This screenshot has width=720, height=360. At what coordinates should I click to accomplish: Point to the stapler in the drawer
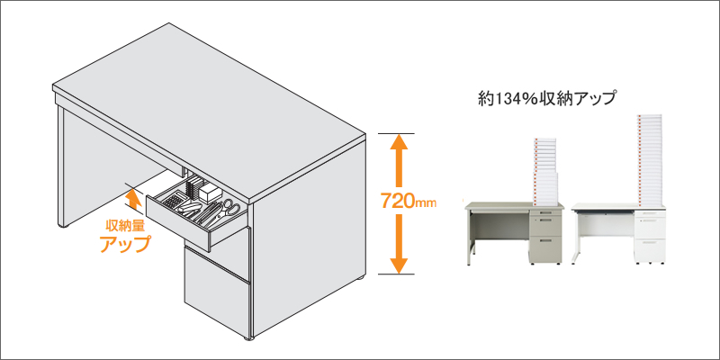coord(192,211)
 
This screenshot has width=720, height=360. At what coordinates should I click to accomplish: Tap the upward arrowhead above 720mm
coord(399,141)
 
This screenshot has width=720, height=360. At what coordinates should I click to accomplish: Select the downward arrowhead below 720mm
coord(399,265)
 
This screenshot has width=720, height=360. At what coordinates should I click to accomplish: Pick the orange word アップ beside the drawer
coord(125,243)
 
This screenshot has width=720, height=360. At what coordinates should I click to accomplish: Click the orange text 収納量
coord(125,226)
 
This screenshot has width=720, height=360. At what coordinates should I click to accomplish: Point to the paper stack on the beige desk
coord(545,170)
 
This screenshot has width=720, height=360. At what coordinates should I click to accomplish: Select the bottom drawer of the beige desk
coord(545,249)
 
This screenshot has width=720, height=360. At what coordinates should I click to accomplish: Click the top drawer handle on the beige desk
coord(544,212)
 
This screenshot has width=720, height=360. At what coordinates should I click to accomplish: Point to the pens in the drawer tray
coord(211,213)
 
